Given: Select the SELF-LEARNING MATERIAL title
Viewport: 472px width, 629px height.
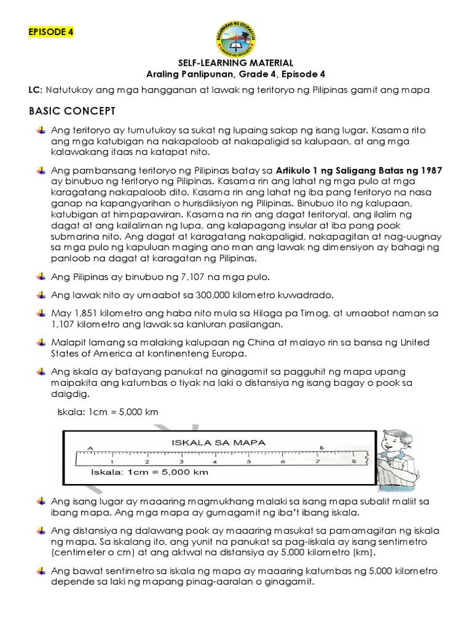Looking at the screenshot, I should point(236,63).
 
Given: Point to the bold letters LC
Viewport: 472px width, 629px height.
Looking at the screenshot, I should point(35,90).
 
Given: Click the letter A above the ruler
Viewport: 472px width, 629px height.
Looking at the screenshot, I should point(90,449).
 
